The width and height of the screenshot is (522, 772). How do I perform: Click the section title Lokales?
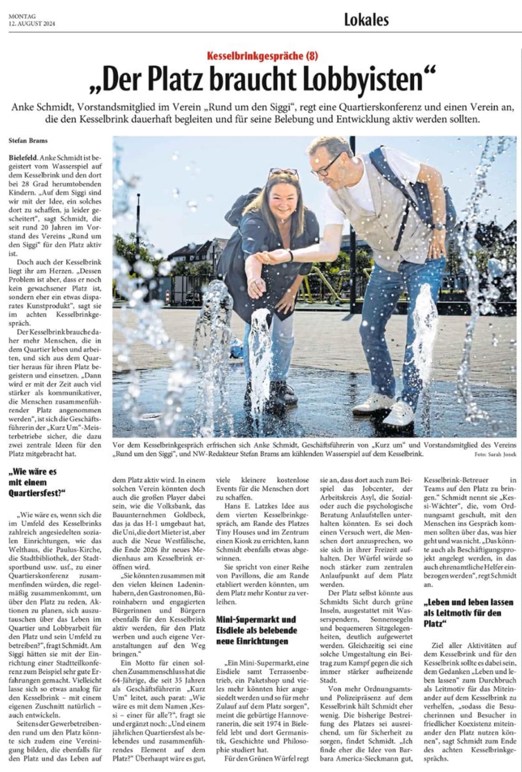point(366,19)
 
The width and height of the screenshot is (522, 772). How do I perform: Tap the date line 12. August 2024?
point(32,24)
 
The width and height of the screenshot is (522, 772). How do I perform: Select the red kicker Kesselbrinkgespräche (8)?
point(262,56)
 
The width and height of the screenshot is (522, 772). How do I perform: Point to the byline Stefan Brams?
point(28,141)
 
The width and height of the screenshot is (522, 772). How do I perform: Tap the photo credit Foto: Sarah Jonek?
point(495,454)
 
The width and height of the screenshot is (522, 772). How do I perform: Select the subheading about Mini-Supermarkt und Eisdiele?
point(257,630)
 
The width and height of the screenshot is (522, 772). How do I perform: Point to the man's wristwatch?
point(439,226)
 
